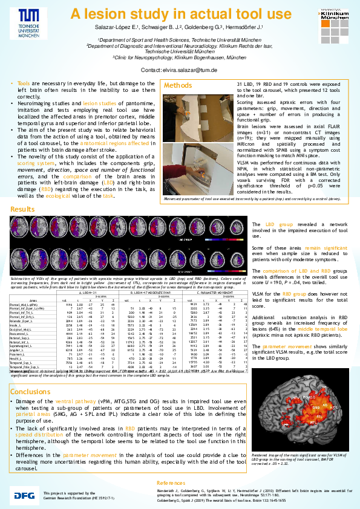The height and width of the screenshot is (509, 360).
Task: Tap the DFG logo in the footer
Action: point(25,495)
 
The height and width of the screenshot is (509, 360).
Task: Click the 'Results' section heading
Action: point(22,209)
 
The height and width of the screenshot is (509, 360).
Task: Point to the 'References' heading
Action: point(172,483)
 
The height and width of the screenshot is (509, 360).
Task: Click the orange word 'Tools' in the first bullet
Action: point(24,83)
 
